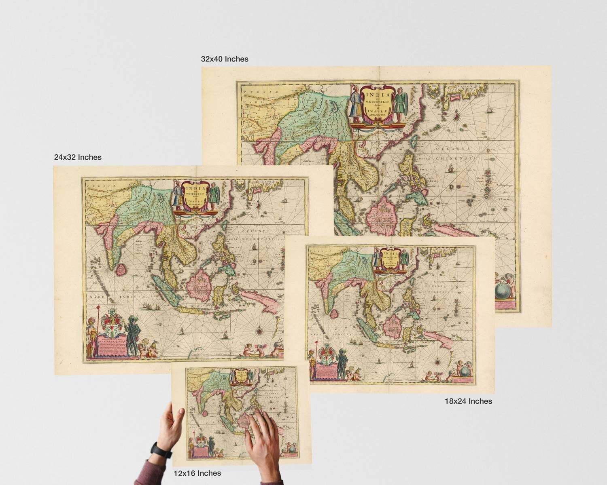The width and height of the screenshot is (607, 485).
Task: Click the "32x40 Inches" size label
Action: click(x=225, y=59)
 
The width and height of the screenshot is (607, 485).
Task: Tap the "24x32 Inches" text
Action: click(x=78, y=157)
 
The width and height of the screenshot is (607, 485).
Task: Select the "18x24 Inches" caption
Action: click(x=468, y=401)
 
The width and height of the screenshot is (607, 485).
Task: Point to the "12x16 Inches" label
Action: click(x=197, y=473)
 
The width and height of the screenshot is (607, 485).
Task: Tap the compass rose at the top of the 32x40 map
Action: click(x=456, y=116)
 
